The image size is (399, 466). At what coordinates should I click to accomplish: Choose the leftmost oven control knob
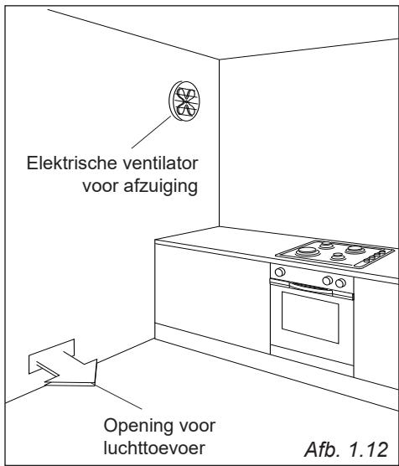[279, 272]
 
